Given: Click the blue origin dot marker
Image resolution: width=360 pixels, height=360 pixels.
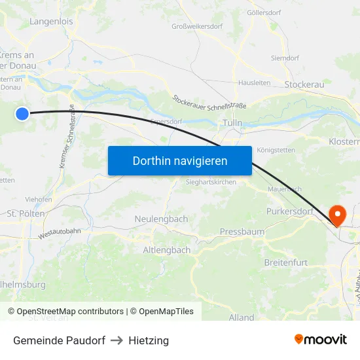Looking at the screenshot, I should click(22, 114).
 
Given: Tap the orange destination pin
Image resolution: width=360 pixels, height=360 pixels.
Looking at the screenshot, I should click(338, 215).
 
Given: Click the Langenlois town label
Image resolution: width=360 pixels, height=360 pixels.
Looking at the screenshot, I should click(51, 22).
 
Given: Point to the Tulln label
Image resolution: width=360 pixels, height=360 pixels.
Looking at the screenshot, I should click(232, 123).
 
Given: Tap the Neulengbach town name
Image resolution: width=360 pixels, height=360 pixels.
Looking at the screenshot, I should click(161, 219).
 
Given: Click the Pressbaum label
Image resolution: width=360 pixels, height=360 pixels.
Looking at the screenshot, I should click(242, 232).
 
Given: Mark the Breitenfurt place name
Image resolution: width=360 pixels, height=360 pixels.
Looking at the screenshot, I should click(285, 262).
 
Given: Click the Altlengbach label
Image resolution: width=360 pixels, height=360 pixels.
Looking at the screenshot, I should click(167, 250).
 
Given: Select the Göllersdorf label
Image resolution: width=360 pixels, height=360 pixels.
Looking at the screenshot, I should click(264, 12).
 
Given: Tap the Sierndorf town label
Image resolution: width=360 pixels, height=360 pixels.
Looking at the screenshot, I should click(285, 58).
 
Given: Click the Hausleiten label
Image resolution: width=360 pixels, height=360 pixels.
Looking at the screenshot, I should click(254, 83).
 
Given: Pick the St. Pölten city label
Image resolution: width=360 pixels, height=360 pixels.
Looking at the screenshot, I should click(26, 213).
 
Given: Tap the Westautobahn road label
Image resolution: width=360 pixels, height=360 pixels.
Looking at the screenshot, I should click(60, 232).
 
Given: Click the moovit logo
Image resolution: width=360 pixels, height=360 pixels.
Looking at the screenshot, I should click(321, 340).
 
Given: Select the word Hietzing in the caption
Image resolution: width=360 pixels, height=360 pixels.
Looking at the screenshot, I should click(149, 340).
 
